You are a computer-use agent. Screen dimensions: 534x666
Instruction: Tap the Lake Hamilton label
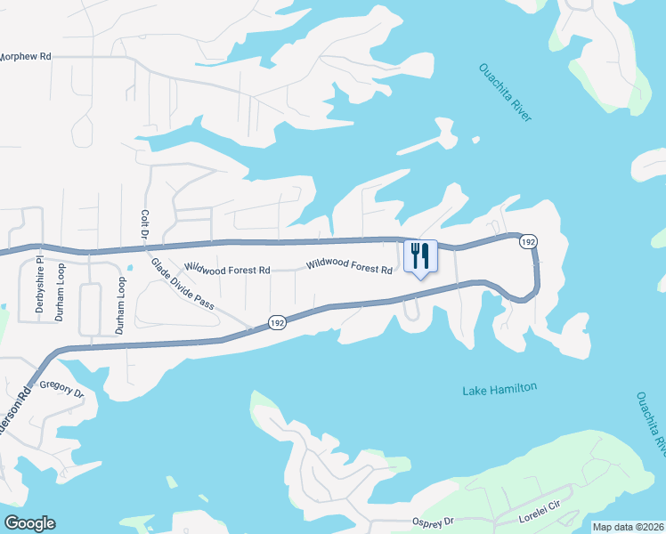pos(499,389)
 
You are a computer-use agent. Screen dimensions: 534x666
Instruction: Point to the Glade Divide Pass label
pos(183,283)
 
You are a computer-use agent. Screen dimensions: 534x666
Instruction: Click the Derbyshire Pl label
pos(39,287)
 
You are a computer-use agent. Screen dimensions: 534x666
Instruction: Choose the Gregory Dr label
pos(61,390)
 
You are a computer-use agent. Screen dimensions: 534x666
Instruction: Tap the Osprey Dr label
pos(433,521)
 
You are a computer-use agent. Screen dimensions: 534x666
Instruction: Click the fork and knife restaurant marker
pos(418,256)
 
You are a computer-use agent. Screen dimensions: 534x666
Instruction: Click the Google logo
pos(29,523)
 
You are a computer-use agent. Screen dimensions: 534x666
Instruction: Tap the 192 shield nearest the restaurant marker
pos(529,241)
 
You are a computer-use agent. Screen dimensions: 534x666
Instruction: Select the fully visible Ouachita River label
pos(506,92)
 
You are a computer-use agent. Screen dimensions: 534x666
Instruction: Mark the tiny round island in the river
pos(475,139)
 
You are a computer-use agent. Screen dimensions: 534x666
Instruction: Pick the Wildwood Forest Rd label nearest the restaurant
pos(349,265)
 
